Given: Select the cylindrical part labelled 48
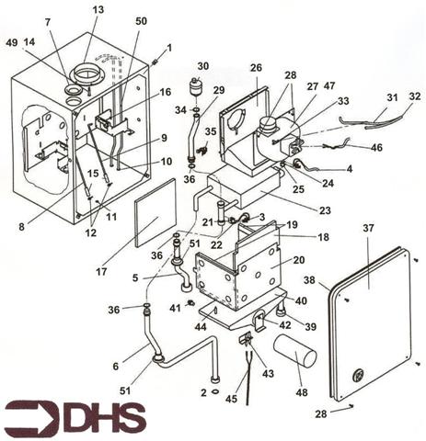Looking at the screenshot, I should [294, 352].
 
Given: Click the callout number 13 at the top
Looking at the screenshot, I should [98, 9].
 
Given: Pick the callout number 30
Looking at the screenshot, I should [202, 66].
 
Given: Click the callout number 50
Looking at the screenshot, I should [141, 20].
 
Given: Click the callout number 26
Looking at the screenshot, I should [256, 68].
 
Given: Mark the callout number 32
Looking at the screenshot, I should [414, 96].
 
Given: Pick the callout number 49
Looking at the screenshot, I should [11, 42].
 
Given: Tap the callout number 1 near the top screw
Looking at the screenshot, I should [168, 47].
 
